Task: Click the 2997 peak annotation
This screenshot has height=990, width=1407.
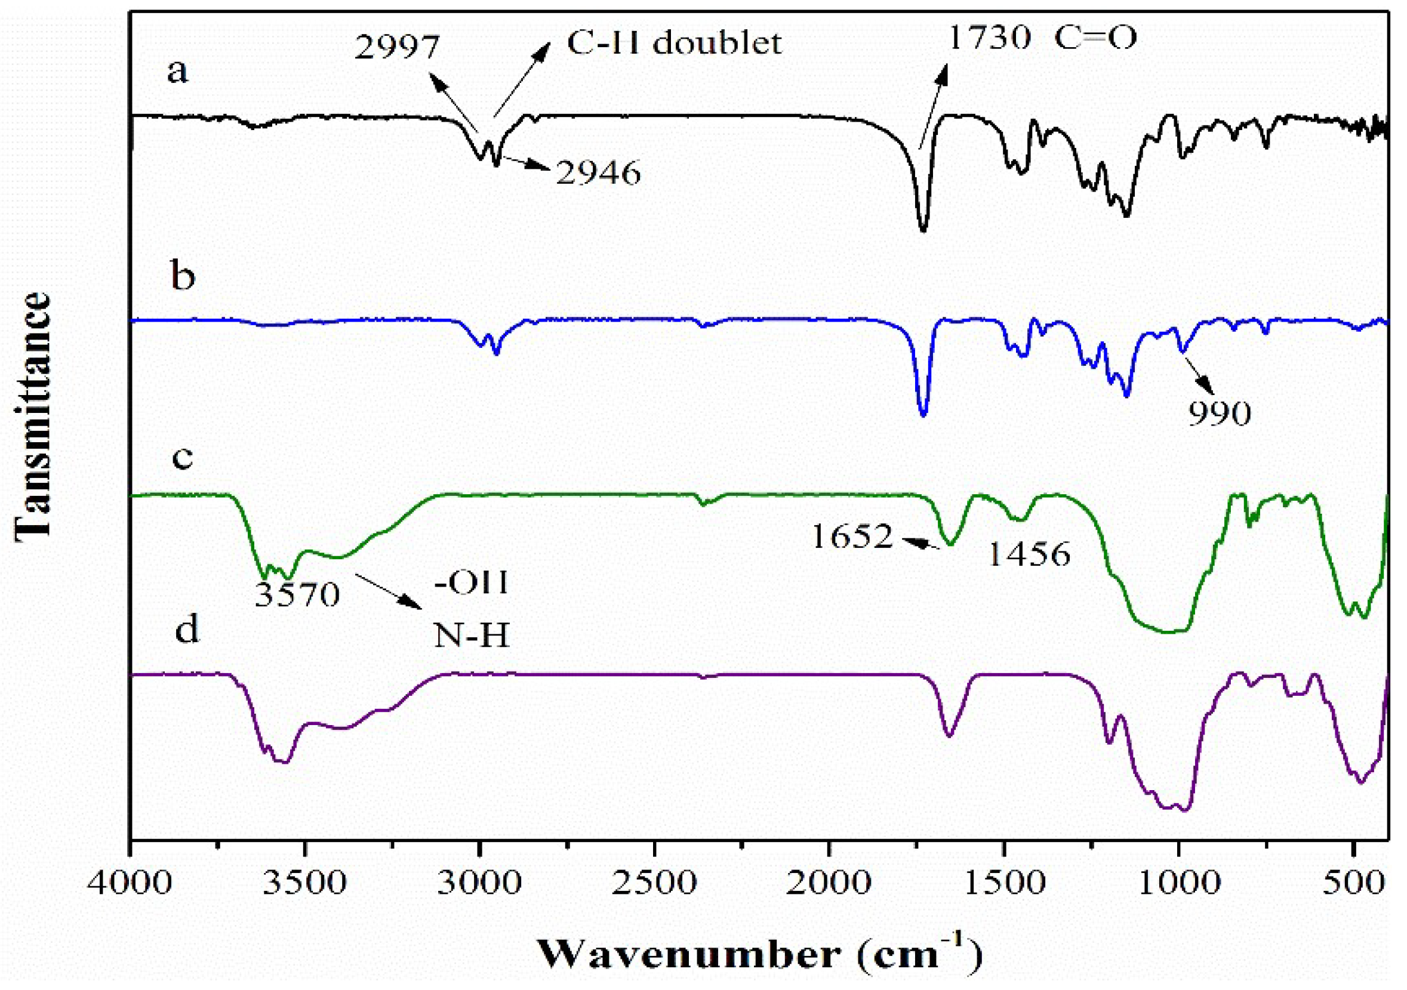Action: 397,47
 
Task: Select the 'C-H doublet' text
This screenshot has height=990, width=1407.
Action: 674,43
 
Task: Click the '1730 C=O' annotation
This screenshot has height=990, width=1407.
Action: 1042,38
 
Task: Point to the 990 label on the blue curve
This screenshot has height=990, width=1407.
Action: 1220,415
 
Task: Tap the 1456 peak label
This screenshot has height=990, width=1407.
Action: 1030,554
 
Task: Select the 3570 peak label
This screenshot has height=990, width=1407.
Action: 297,594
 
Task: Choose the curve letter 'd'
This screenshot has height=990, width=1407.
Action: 187,629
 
